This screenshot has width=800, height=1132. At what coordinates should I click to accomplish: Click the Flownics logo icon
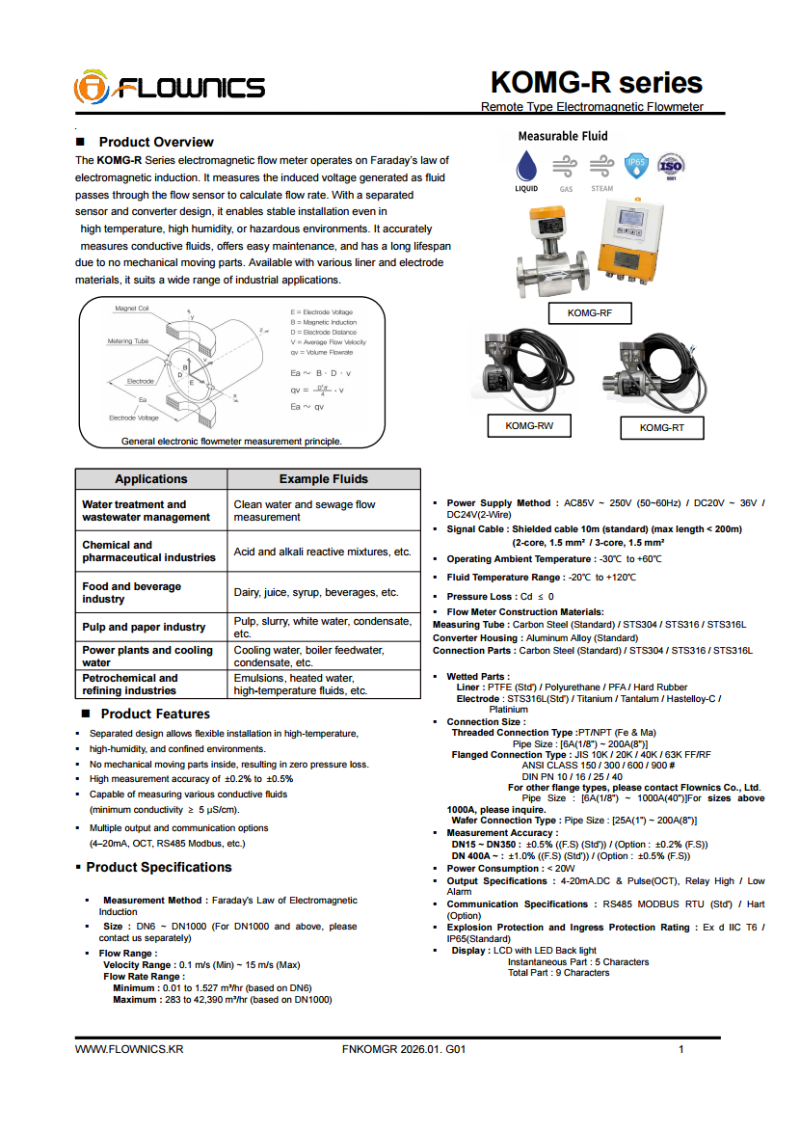click(90, 88)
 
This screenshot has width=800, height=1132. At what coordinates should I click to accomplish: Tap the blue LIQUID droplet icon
click(526, 165)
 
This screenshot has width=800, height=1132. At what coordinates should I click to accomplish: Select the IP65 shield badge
click(636, 165)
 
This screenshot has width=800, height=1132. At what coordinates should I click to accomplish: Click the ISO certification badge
click(671, 166)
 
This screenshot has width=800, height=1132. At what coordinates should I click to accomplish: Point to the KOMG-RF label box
click(589, 313)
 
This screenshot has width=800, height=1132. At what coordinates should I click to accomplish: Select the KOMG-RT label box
click(661, 428)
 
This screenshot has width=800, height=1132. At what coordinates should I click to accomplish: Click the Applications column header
click(151, 479)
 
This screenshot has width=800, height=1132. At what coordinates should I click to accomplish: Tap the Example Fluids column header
click(324, 479)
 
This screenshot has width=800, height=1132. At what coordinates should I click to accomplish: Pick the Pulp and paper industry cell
click(144, 627)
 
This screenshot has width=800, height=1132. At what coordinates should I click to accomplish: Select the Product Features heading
click(154, 714)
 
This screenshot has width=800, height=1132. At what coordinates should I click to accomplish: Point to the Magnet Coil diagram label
click(132, 309)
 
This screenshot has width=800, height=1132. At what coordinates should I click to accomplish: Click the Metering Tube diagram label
click(127, 341)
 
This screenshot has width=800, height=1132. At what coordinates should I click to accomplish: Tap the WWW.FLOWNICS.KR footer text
click(129, 1049)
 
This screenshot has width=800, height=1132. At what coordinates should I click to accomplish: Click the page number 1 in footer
click(681, 1049)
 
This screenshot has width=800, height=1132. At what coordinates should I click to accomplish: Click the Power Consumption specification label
click(493, 868)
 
